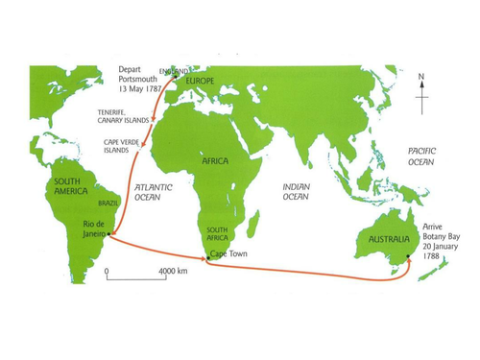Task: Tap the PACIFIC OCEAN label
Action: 421,157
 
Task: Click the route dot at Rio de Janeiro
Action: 111,233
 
